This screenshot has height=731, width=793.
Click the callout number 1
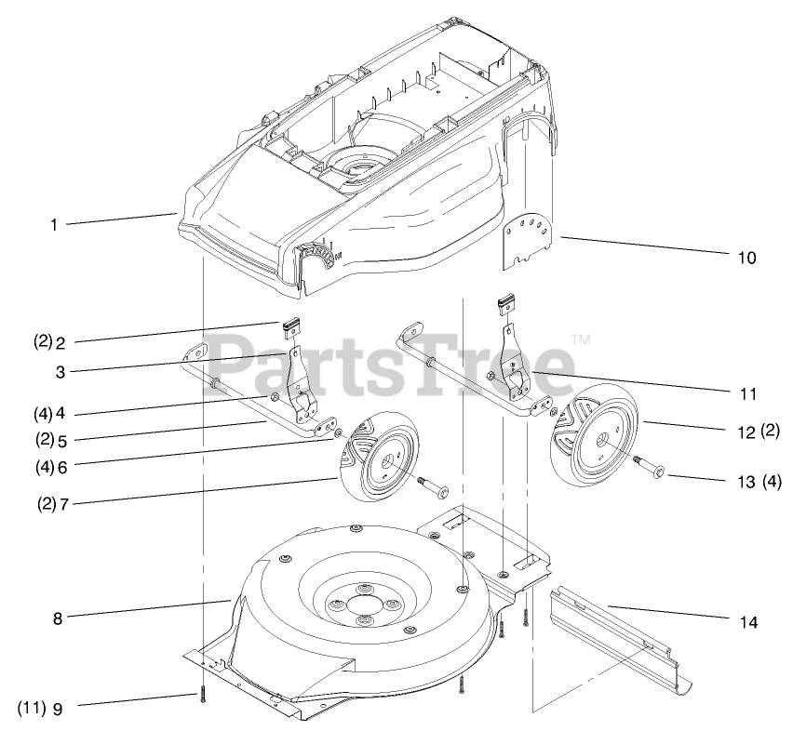point(54,224)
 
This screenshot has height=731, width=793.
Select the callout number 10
point(746,257)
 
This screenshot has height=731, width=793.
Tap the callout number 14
point(747,621)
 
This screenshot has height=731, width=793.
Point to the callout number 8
point(58,617)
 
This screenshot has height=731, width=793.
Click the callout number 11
point(747,394)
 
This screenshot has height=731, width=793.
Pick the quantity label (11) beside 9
point(31,707)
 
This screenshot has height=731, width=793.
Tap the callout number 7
point(64,504)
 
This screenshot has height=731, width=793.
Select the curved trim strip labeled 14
point(624,642)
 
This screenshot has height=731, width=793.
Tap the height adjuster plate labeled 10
point(528,240)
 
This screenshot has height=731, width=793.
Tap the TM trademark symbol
point(580,340)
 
